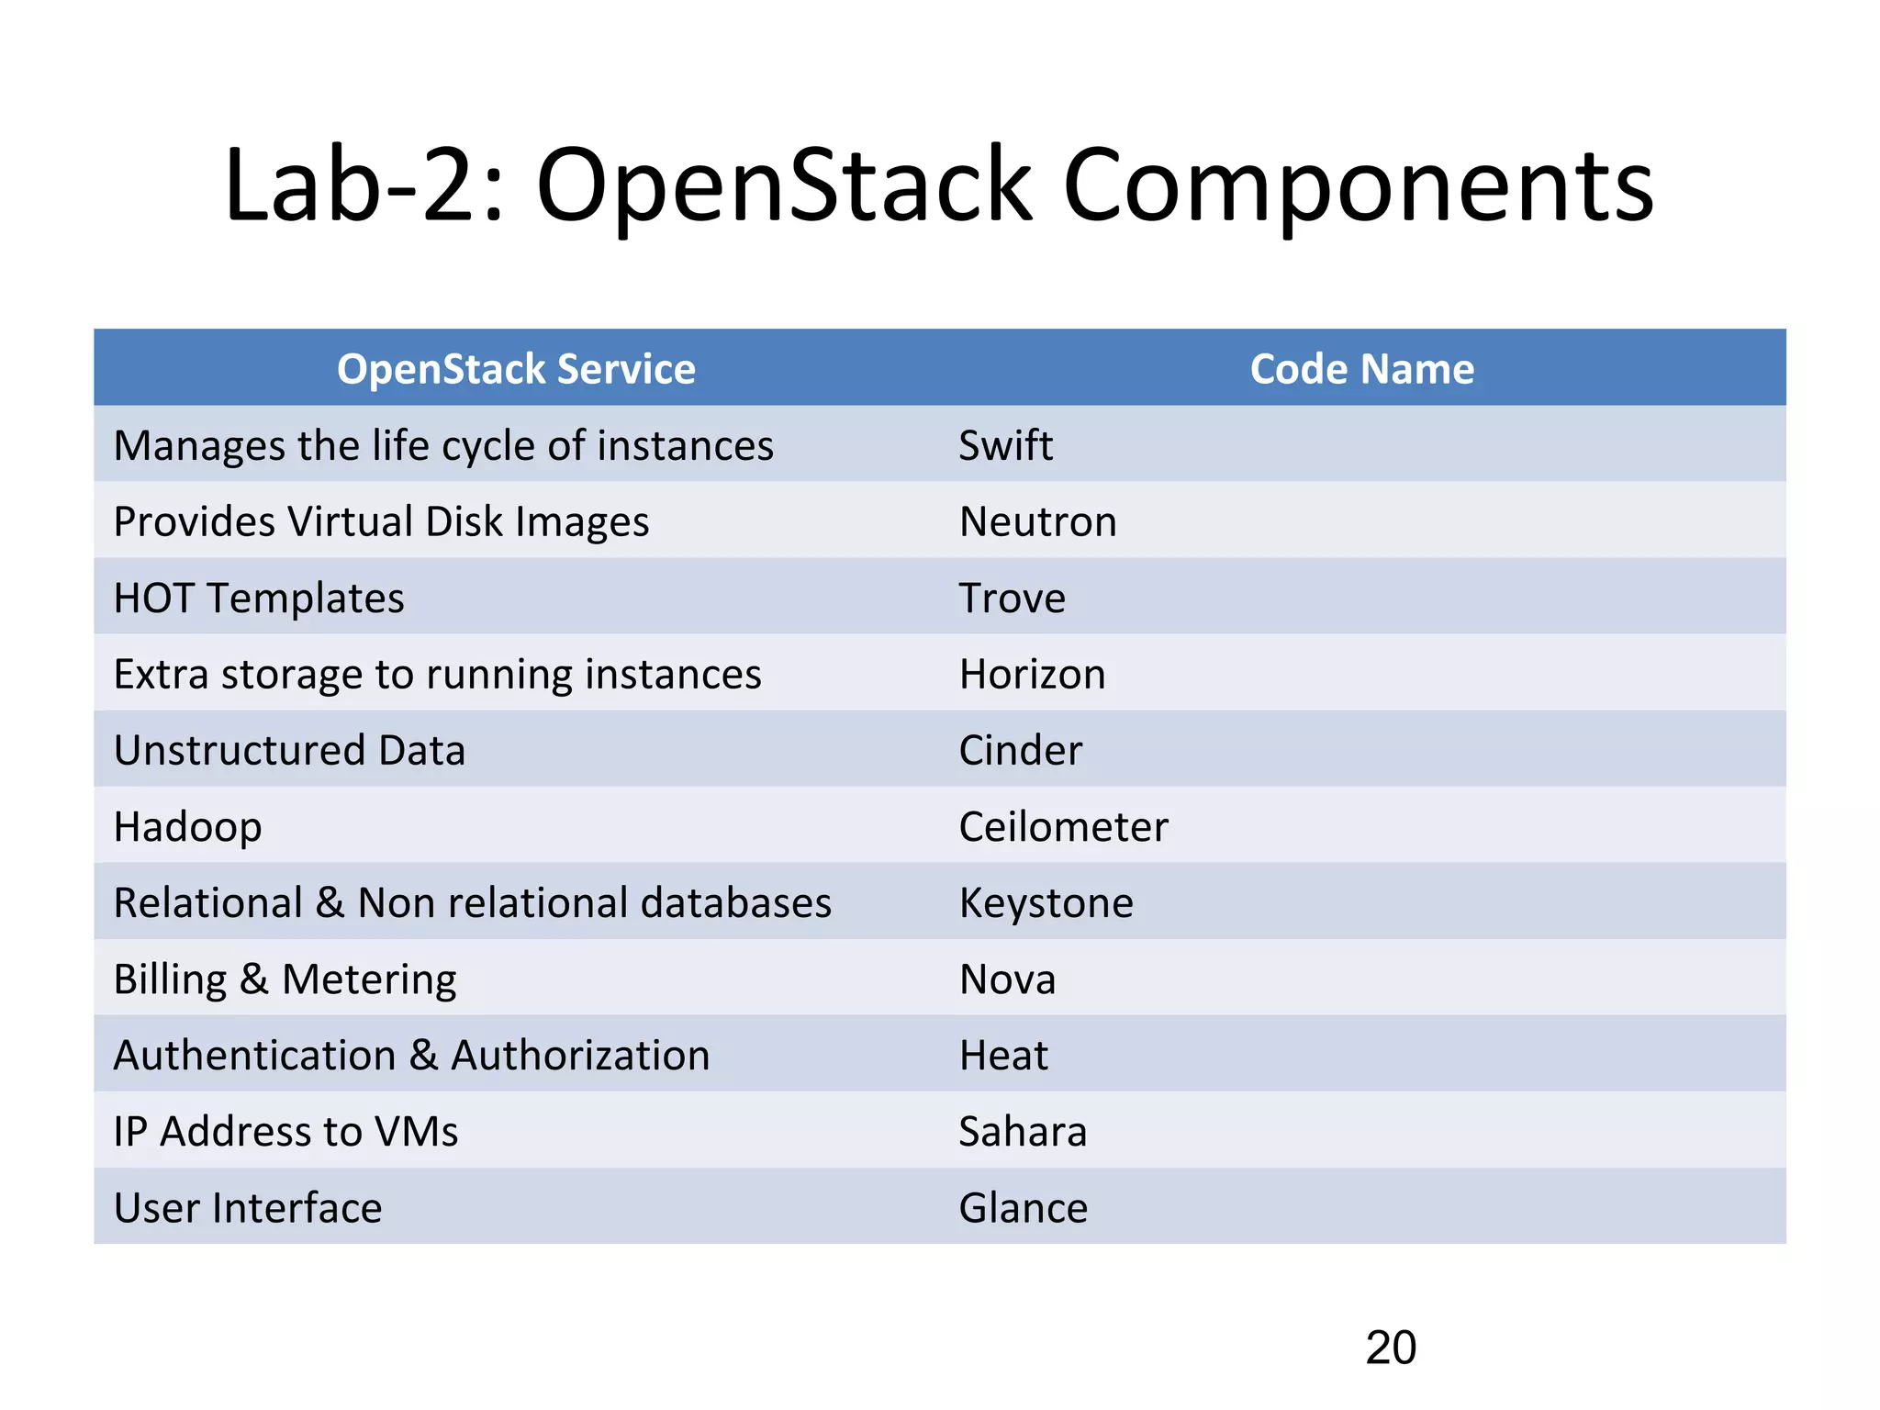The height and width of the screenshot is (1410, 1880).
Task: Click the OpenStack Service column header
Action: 516,369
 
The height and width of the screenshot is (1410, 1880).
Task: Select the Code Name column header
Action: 1361,369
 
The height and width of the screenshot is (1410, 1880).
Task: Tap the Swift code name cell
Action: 1005,445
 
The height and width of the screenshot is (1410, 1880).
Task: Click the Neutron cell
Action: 1037,521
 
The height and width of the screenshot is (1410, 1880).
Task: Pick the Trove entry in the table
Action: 1012,598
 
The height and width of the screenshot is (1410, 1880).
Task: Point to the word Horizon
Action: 1032,674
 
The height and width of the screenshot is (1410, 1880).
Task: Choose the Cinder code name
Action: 1020,750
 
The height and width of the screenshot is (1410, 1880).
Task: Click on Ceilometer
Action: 1063,826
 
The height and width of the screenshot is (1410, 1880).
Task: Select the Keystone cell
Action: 1046,902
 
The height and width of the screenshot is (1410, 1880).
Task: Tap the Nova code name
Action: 1007,979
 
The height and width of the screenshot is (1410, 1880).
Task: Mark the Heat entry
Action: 1002,1055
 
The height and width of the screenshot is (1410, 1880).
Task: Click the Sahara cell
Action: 1023,1131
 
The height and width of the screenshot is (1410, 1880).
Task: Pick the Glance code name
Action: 1023,1207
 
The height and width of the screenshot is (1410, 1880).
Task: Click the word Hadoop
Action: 187,826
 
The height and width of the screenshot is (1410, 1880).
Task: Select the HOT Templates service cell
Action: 259,598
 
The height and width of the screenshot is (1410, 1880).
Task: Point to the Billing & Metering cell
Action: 285,979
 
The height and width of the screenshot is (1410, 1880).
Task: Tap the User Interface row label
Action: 248,1207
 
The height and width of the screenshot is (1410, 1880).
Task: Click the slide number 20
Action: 1390,1348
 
